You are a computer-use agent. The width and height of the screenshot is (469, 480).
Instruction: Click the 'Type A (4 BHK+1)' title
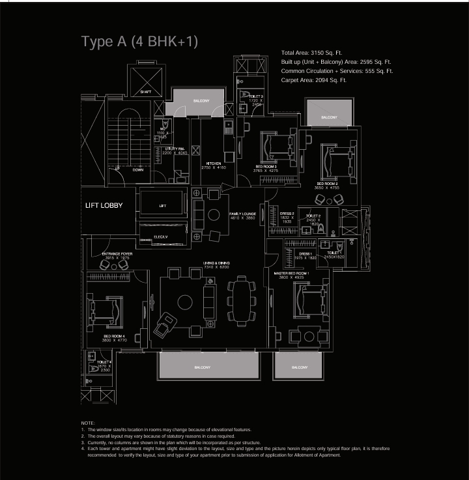139,42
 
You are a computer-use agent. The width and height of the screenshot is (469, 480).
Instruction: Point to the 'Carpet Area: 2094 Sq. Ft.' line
313,79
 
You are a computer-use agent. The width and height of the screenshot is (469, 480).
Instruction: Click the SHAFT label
146,92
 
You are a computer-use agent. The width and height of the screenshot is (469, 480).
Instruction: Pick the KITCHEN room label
214,163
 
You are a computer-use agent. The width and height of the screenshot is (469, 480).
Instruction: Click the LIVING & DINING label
216,263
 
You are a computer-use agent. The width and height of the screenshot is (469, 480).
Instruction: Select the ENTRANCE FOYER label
117,254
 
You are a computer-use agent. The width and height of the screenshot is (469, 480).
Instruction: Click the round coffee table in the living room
185,302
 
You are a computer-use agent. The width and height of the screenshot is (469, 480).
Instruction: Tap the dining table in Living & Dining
242,302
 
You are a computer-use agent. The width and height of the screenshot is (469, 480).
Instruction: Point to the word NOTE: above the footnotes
88,423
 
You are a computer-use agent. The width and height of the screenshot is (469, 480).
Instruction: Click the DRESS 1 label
306,253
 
